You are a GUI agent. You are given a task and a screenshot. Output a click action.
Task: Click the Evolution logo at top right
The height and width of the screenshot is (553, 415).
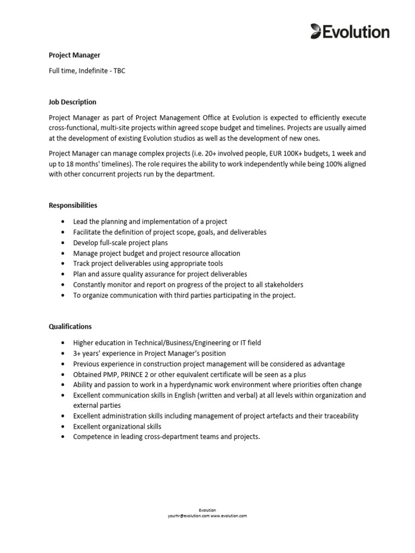pos(350,32)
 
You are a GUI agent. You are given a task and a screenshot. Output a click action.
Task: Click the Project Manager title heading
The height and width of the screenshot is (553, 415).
pos(75,55)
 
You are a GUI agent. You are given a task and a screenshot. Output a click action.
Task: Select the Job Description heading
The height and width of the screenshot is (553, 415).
pos(72,102)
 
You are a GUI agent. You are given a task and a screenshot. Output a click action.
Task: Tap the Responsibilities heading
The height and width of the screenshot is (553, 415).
pos(73,205)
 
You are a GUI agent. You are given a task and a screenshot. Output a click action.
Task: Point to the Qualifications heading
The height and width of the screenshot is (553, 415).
pos(70,327)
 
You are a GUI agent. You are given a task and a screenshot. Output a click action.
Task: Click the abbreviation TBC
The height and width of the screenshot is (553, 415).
pos(119,71)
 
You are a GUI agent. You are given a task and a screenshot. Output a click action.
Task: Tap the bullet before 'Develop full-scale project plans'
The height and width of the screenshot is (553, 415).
pos(63,242)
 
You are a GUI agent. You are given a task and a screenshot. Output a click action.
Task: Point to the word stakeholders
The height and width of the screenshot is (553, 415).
pos(282,285)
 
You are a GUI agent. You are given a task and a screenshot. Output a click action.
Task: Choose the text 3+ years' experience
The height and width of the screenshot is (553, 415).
pos(104,353)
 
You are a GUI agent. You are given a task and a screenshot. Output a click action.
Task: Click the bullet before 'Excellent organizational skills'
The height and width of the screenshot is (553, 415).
pos(63,427)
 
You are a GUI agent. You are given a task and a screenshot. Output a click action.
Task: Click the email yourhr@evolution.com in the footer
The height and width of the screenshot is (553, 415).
pos(188,516)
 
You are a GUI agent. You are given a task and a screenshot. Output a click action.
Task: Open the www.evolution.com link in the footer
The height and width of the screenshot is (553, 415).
pos(228,516)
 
